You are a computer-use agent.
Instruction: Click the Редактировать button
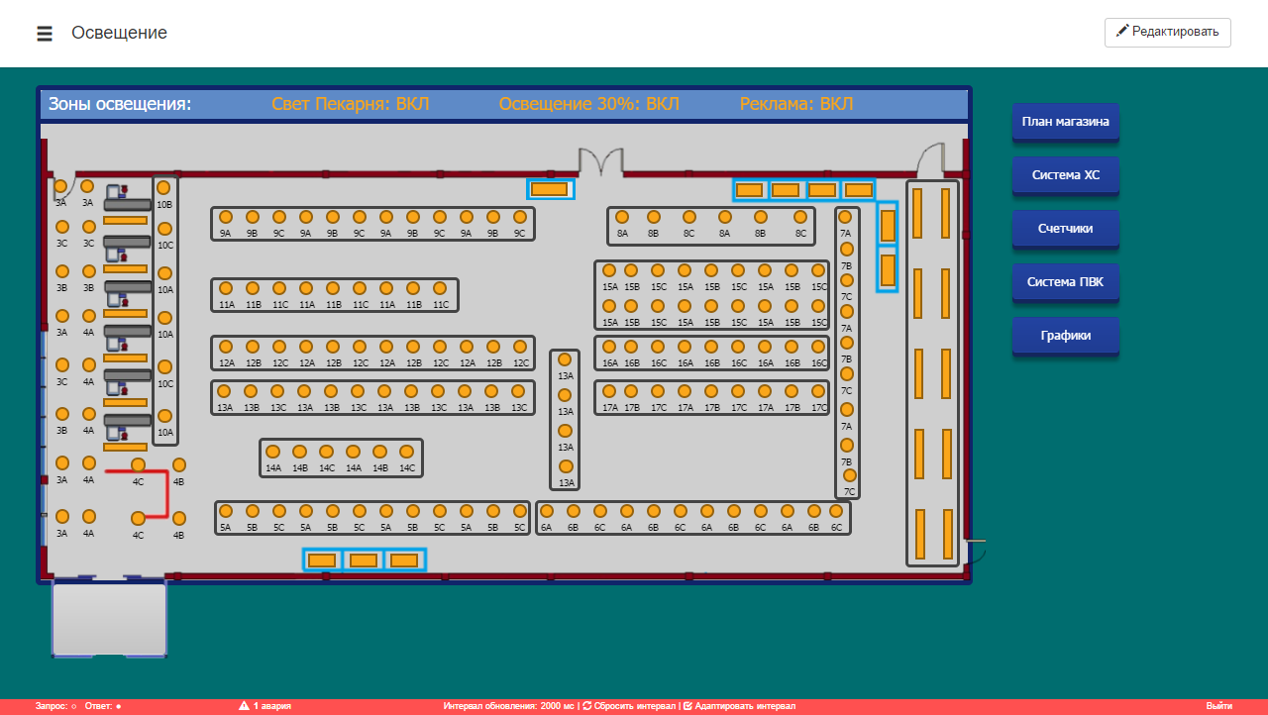1167,33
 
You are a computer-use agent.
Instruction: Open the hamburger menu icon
45,34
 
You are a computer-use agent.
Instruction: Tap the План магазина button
1065,122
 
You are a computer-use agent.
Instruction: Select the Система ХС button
1065,175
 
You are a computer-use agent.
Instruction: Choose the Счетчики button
1065,229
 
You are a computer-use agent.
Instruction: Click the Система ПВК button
1065,282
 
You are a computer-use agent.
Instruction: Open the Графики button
1065,336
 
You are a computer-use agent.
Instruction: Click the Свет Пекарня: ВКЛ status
351,104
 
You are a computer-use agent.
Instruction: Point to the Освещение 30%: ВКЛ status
588,104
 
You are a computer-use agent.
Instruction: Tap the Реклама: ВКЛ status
795,104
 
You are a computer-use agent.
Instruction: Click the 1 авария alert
264,706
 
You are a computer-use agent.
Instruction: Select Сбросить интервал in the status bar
629,706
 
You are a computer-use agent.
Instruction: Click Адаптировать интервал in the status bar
739,706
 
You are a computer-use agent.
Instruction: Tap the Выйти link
1218,706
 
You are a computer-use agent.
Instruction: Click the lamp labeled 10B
163,188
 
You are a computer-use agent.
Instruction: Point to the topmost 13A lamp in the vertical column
565,359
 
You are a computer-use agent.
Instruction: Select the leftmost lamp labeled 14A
272,452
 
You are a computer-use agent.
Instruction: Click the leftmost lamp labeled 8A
622,217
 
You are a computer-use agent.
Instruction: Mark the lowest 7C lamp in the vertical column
850,475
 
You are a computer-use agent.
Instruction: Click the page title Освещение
119,33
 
